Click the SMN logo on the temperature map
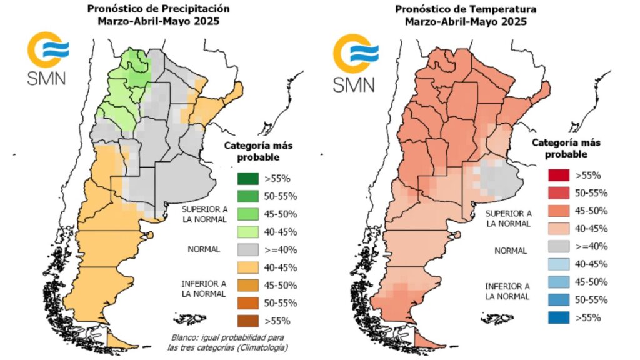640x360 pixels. click(x=354, y=62)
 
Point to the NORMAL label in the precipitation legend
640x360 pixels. click(x=204, y=249)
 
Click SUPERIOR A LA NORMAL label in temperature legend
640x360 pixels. click(x=509, y=218)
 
